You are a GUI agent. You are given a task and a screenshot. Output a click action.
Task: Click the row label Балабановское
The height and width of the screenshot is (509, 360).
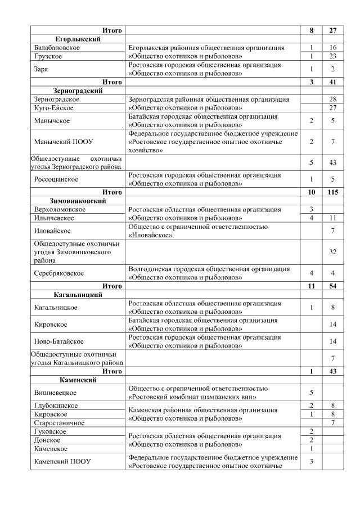pyautogui.click(x=56, y=48)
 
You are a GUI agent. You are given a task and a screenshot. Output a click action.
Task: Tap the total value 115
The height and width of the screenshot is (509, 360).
pyautogui.click(x=333, y=192)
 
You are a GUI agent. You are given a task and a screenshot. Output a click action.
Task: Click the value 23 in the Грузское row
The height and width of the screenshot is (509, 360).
pyautogui.click(x=333, y=57)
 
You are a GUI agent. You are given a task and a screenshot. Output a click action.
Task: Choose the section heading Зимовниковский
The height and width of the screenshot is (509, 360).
pyautogui.click(x=78, y=201)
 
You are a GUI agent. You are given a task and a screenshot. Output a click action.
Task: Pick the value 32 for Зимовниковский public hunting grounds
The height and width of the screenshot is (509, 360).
pyautogui.click(x=333, y=252)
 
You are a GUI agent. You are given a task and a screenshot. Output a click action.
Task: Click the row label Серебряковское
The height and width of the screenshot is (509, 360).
pyautogui.click(x=59, y=273)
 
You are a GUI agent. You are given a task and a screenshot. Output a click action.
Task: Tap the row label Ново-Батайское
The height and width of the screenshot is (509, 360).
pyautogui.click(x=59, y=341)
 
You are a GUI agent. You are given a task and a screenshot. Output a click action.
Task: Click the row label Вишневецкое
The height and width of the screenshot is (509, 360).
pyautogui.click(x=55, y=393)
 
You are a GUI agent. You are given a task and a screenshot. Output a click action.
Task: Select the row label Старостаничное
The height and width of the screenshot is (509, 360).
pyautogui.click(x=59, y=422)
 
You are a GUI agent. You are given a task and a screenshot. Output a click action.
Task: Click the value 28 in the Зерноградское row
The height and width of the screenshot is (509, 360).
pyautogui.click(x=333, y=99)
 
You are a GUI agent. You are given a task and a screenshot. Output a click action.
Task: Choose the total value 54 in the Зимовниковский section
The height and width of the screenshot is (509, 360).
pyautogui.click(x=333, y=286)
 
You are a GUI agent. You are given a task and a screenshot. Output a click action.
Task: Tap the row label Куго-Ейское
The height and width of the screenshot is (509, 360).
pyautogui.click(x=54, y=107)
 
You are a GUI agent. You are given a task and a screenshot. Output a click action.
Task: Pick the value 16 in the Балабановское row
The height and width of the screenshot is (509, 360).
pyautogui.click(x=333, y=48)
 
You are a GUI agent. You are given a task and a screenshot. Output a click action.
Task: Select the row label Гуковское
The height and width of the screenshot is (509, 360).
pyautogui.click(x=50, y=431)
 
